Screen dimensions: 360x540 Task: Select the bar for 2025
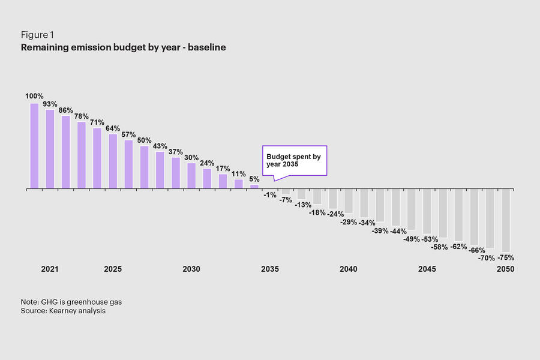coord(113,161)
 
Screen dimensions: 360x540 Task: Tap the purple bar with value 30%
coord(191,176)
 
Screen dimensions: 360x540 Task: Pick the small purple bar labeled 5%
coord(254,187)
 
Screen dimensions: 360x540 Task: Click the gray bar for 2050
coord(505,220)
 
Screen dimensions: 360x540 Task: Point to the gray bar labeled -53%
coord(427,211)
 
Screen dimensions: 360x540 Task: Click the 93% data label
coord(50,104)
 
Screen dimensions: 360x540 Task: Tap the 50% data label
coord(144,140)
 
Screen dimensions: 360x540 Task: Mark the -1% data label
coord(269,195)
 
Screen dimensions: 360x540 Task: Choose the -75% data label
coord(505,258)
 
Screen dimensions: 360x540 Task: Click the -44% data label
coord(398,231)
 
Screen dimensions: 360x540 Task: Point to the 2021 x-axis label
coord(50,269)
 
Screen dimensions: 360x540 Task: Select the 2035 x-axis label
coord(270,269)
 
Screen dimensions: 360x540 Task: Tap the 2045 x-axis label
coord(427,269)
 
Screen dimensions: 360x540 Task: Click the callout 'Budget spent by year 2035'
coord(295,160)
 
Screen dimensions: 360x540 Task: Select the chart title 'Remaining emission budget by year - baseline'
coord(123,47)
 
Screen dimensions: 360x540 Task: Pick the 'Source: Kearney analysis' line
coord(63,311)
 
